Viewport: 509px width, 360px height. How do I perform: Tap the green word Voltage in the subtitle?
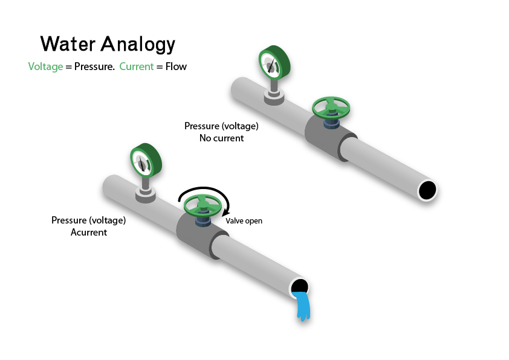pyautogui.click(x=45, y=66)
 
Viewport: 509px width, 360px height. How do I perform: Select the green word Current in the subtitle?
pyautogui.click(x=136, y=66)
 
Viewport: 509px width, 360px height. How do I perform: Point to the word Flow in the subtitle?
pyautogui.click(x=176, y=66)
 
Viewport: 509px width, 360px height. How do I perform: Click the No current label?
pyautogui.click(x=221, y=138)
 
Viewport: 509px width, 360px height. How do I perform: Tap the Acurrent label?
pyautogui.click(x=89, y=232)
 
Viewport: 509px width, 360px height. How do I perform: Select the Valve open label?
pyautogui.click(x=244, y=221)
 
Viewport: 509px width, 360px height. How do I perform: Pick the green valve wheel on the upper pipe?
pyautogui.click(x=331, y=108)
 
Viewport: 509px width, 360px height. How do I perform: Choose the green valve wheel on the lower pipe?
pyautogui.click(x=203, y=205)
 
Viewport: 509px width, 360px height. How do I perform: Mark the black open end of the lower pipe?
pyautogui.click(x=299, y=286)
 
